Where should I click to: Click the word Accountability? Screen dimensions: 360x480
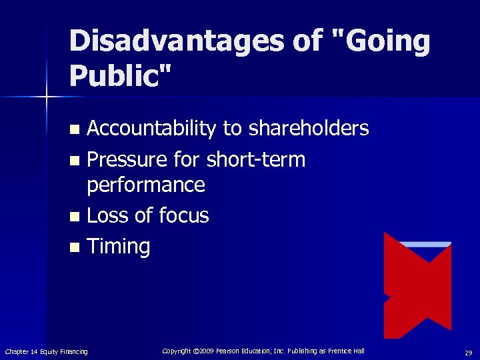tap(151, 129)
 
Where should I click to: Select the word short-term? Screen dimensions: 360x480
tap(256, 160)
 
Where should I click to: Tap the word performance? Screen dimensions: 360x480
tap(146, 185)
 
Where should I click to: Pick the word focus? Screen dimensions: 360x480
tap(183, 215)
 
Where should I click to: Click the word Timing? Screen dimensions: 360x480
tap(119, 247)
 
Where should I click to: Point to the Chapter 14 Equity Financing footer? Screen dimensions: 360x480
tap(46, 351)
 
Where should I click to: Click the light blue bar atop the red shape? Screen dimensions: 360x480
tap(425, 245)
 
